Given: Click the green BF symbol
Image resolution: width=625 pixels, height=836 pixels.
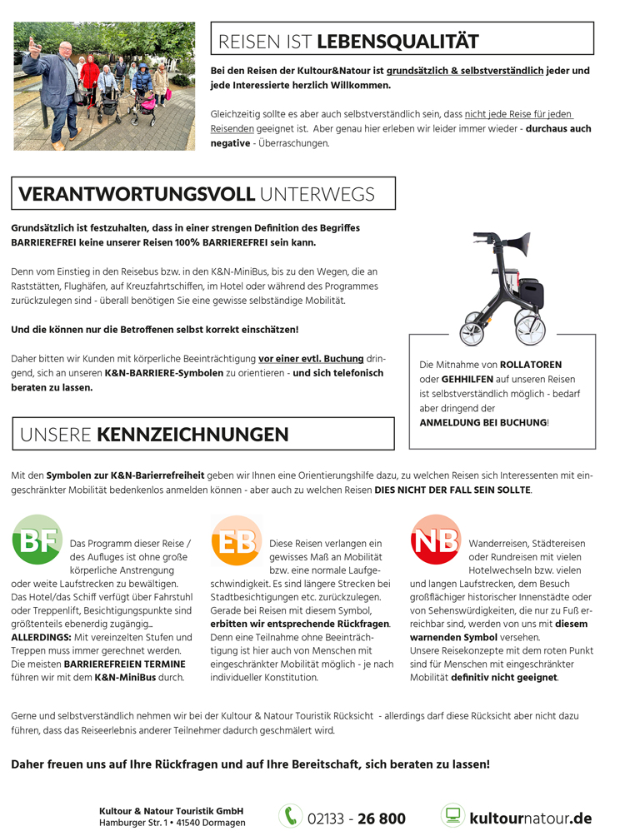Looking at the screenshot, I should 37,540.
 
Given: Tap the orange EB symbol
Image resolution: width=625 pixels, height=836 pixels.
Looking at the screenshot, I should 237,540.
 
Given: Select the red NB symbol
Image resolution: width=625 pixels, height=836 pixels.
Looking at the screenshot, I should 436,540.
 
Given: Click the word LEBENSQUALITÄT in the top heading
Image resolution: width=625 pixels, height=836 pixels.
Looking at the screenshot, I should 398,42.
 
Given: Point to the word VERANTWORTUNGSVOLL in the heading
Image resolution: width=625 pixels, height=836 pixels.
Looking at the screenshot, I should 137,195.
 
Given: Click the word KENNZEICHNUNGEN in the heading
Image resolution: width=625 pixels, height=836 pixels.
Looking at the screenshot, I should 192,435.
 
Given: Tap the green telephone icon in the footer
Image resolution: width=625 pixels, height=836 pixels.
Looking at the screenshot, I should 290,816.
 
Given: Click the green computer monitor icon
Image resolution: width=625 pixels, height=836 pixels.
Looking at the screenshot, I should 452,816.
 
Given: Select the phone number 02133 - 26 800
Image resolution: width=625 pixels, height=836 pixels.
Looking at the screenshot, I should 357,819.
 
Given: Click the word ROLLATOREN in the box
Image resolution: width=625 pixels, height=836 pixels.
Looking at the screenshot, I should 531,365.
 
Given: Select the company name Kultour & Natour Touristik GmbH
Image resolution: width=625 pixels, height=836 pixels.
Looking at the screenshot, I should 171,810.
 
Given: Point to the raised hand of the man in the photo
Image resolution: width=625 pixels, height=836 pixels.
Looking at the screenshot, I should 32,45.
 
